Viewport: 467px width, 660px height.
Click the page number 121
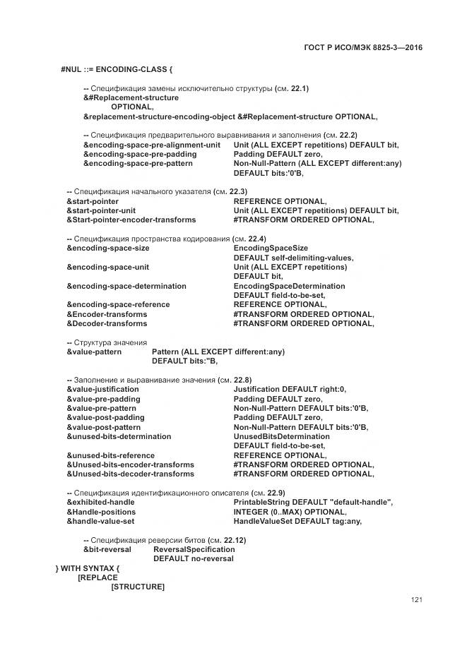click(x=416, y=600)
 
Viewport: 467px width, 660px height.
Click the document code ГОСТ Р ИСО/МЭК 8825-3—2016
click(x=363, y=48)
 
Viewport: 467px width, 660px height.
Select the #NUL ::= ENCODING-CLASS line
click(x=117, y=69)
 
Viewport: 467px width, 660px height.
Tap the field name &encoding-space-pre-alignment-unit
click(x=152, y=145)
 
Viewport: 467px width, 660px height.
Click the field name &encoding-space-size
click(x=108, y=248)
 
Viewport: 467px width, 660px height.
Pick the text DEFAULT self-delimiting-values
click(x=293, y=258)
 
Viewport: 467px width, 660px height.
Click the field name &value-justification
click(x=103, y=389)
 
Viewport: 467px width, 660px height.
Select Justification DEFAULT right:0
click(x=290, y=389)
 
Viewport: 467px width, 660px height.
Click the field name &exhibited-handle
click(x=100, y=502)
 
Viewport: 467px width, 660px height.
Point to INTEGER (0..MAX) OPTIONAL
click(x=290, y=512)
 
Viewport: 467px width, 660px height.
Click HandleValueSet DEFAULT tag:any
click(x=297, y=521)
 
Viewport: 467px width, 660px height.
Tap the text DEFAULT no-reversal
click(x=193, y=558)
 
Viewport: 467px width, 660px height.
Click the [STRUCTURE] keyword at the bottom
click(x=138, y=587)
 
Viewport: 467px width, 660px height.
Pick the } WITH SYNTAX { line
click(x=88, y=568)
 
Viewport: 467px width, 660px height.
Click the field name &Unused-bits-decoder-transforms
click(x=130, y=474)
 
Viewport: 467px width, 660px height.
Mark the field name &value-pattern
click(x=94, y=352)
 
